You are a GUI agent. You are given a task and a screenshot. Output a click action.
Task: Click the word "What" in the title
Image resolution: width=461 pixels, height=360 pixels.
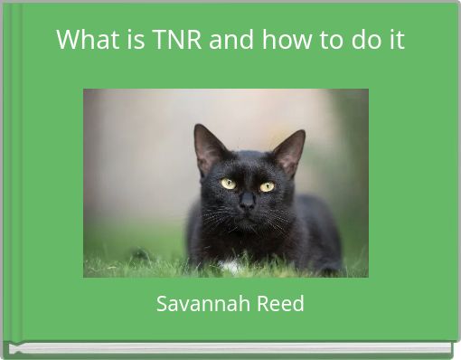tap(82, 40)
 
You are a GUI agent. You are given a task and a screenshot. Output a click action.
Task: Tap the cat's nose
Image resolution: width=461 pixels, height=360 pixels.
tap(246, 204)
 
